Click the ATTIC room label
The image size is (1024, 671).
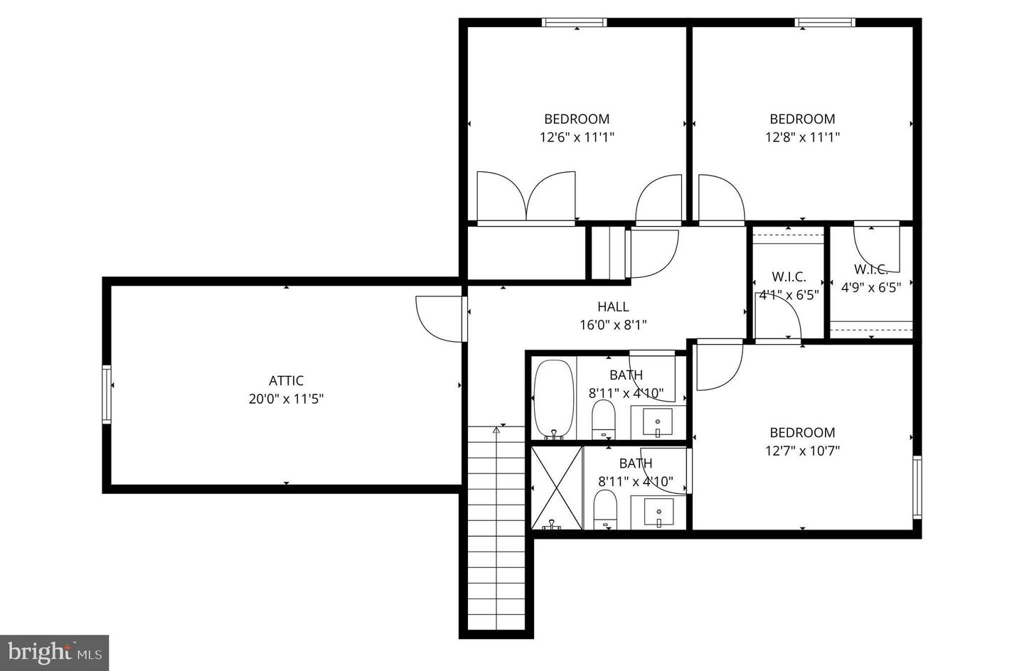[x=286, y=381]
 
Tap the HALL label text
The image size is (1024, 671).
[x=613, y=307]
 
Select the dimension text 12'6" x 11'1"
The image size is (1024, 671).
[x=577, y=137]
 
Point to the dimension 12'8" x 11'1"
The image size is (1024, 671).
[x=802, y=137]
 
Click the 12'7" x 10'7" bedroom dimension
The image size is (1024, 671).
[x=802, y=451]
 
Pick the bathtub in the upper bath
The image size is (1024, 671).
[x=553, y=399]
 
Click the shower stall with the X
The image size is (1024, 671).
[x=557, y=488]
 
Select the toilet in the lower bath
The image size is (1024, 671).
[x=604, y=509]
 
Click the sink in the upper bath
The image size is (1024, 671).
[x=658, y=423]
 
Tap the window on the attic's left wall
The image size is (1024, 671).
[x=107, y=394]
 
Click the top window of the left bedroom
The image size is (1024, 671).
[x=575, y=23]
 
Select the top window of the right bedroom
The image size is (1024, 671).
[x=825, y=23]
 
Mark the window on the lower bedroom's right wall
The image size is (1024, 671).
[x=917, y=487]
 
